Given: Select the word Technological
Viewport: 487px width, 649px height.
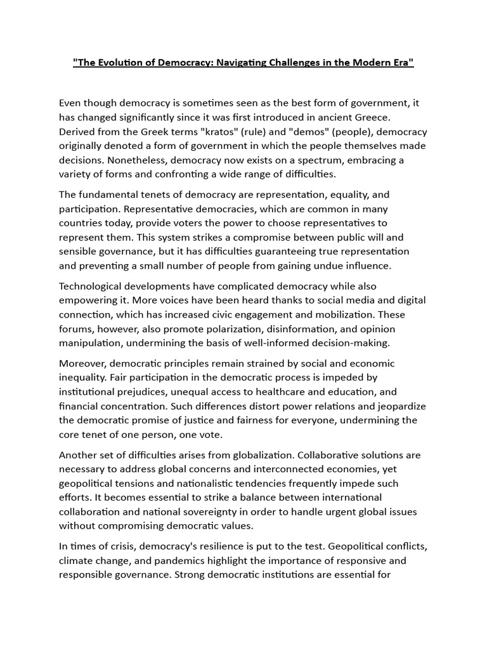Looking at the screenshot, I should coord(91,286).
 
